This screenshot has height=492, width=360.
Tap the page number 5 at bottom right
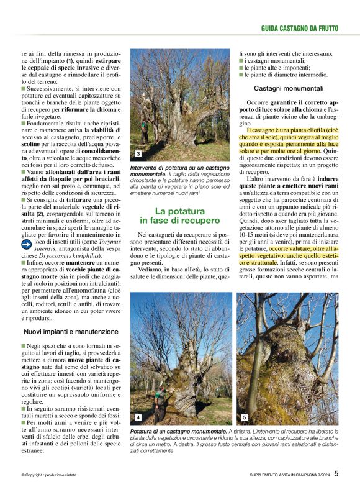pyautogui.click(x=336, y=473)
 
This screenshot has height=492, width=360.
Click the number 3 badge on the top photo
pyautogui.click(x=137, y=153)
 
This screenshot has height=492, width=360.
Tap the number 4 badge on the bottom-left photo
pyautogui.click(x=138, y=417)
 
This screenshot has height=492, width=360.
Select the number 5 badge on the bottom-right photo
pyautogui.click(x=245, y=417)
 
